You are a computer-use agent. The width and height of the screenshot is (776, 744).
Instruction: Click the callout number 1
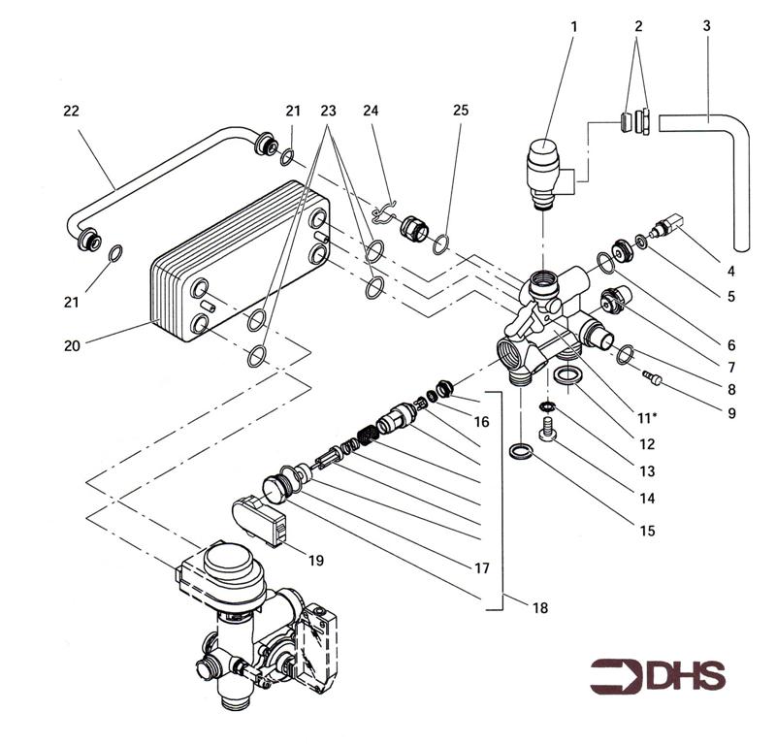point(573,27)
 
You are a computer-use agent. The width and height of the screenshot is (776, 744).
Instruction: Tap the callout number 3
point(706,27)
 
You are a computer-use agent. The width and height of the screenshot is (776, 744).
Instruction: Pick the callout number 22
point(70,111)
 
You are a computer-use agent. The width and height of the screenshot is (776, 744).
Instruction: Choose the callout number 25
point(460,111)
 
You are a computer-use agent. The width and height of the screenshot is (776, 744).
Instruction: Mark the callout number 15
point(647,531)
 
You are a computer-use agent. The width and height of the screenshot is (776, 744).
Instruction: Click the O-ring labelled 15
point(522,450)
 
